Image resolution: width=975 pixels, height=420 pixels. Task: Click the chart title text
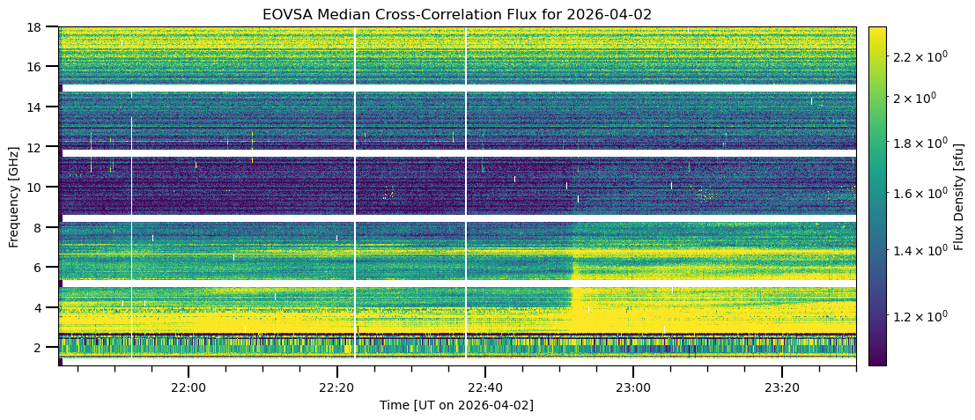click(457, 14)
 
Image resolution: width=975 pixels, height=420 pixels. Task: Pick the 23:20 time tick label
click(782, 387)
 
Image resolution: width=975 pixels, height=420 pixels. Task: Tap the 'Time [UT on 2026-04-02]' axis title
click(456, 405)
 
